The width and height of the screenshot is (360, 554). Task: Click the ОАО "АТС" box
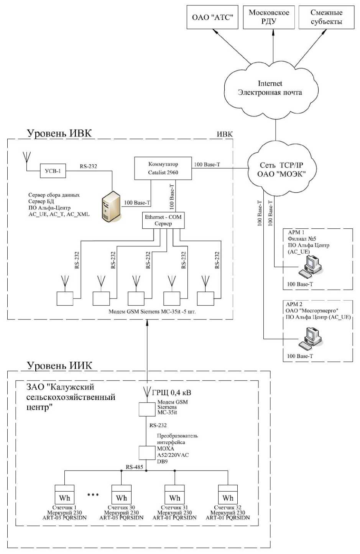click(212, 17)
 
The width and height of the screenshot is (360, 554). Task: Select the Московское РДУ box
click(269, 17)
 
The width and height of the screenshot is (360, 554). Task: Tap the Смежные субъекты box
click(326, 17)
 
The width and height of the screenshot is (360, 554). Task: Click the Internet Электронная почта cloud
click(270, 89)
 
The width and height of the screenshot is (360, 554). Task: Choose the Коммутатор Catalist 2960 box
click(163, 168)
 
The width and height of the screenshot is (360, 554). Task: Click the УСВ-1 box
click(53, 171)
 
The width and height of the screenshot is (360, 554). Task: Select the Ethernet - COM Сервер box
click(163, 220)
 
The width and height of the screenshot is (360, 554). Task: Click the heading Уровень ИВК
click(59, 133)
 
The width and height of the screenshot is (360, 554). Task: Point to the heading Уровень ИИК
click(59, 366)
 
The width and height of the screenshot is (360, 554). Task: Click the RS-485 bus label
click(134, 467)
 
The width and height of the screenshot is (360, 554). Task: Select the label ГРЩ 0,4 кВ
click(171, 393)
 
